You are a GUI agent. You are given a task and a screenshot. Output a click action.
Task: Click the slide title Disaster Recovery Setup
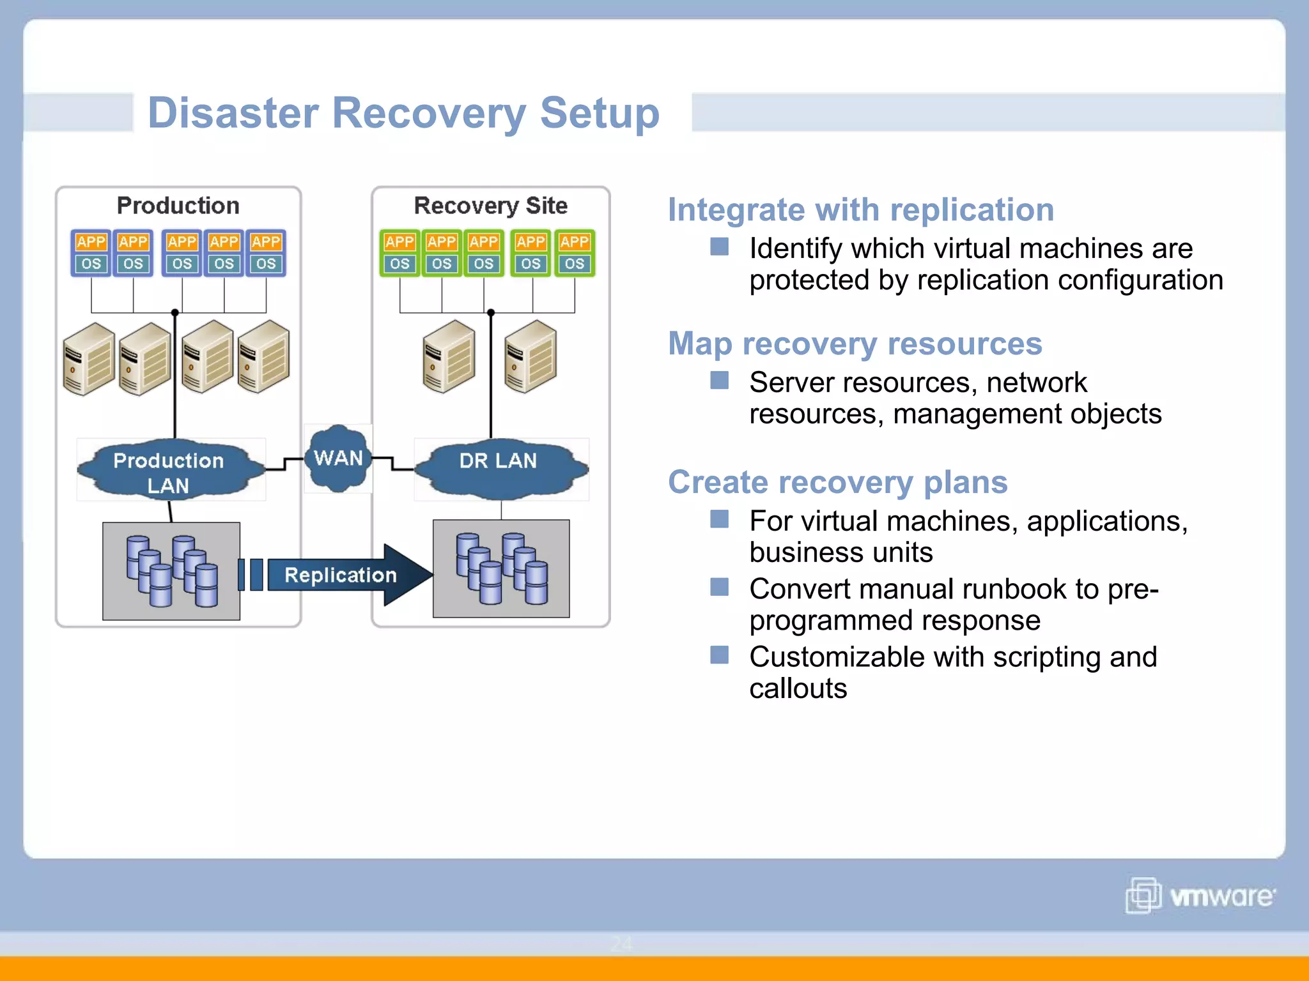403,114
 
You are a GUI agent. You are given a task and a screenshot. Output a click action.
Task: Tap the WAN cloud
338,458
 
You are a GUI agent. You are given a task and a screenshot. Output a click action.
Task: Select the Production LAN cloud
169,471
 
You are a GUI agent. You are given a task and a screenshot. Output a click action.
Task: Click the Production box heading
178,206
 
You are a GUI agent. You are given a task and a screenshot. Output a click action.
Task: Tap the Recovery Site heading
490,206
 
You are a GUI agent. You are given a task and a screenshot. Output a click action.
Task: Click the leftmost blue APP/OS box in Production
91,253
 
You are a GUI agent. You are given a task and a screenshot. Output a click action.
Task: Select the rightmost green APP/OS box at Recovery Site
574,253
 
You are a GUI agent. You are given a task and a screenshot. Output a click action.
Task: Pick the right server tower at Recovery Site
530,356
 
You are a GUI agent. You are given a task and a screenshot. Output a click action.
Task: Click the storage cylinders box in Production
171,571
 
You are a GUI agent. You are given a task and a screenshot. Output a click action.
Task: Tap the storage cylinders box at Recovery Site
501,568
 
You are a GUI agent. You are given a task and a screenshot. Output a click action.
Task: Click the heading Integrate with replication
860,210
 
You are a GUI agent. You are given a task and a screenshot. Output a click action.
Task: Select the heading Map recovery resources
855,344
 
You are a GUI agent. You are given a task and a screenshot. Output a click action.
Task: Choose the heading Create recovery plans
837,482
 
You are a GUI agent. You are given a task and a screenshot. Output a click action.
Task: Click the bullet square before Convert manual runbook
719,587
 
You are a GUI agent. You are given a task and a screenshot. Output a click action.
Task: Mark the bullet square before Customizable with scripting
719,655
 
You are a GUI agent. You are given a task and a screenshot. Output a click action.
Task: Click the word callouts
798,688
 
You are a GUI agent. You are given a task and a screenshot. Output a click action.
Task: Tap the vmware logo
1200,895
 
